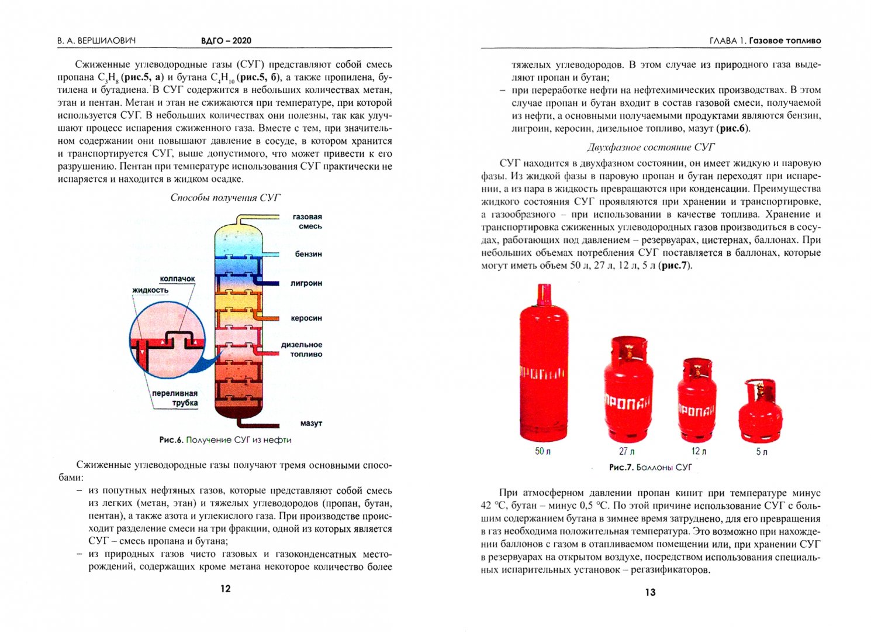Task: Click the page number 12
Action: [226, 589]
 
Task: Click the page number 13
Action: [650, 592]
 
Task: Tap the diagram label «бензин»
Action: [308, 254]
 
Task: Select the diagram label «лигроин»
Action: [306, 283]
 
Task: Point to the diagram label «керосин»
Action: [306, 318]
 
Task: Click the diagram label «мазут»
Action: [311, 423]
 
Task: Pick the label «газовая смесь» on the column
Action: [307, 221]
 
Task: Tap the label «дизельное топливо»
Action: [302, 349]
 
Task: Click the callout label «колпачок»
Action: [177, 279]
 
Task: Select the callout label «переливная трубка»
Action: [175, 398]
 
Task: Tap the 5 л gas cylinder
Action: [760, 413]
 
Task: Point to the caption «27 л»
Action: [627, 451]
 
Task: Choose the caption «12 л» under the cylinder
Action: [699, 451]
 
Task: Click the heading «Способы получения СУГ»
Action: [225, 198]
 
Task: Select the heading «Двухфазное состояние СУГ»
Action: [651, 147]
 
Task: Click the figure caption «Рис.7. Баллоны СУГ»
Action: [650, 468]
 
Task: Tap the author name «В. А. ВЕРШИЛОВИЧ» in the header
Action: [96, 40]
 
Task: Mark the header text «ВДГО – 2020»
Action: [226, 40]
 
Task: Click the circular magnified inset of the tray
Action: [167, 339]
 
